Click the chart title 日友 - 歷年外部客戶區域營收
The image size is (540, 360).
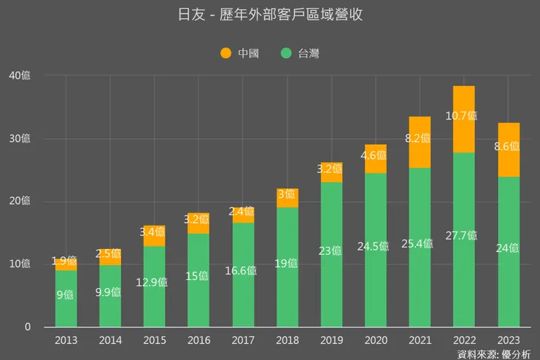[270, 15]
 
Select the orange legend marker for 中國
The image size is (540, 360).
[225, 53]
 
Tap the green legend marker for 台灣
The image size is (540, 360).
[285, 53]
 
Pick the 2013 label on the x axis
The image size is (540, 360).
[66, 340]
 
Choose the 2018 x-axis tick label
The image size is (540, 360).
[287, 340]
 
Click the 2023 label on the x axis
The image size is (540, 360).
[509, 340]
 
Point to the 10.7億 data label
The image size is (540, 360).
[462, 115]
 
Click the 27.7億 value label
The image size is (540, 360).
[462, 235]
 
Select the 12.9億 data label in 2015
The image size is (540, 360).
[152, 282]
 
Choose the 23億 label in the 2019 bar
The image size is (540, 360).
[330, 250]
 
